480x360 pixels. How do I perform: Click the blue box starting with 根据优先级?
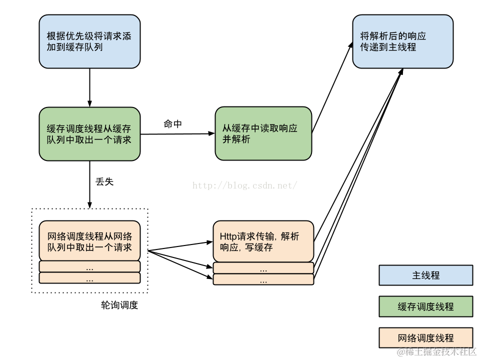89,41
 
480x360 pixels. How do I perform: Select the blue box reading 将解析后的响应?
402,41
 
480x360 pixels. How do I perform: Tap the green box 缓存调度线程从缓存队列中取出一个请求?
89,134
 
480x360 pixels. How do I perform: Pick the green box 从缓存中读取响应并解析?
263,134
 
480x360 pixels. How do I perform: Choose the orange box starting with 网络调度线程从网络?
89,241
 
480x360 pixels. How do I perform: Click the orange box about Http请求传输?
263,241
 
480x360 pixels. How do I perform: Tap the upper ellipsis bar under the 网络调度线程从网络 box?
89,266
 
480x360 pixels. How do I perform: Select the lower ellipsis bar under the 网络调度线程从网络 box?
89,278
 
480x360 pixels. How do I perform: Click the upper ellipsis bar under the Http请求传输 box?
263,268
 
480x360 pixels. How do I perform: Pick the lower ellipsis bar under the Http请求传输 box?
263,279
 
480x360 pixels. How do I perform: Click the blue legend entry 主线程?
425,275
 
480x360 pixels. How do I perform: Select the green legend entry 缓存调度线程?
425,306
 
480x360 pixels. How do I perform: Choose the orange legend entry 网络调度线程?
425,338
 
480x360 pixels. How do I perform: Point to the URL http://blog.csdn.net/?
245,185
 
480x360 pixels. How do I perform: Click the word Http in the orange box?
229,236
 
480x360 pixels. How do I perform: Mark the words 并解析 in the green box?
236,139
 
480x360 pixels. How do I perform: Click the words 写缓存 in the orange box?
259,247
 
